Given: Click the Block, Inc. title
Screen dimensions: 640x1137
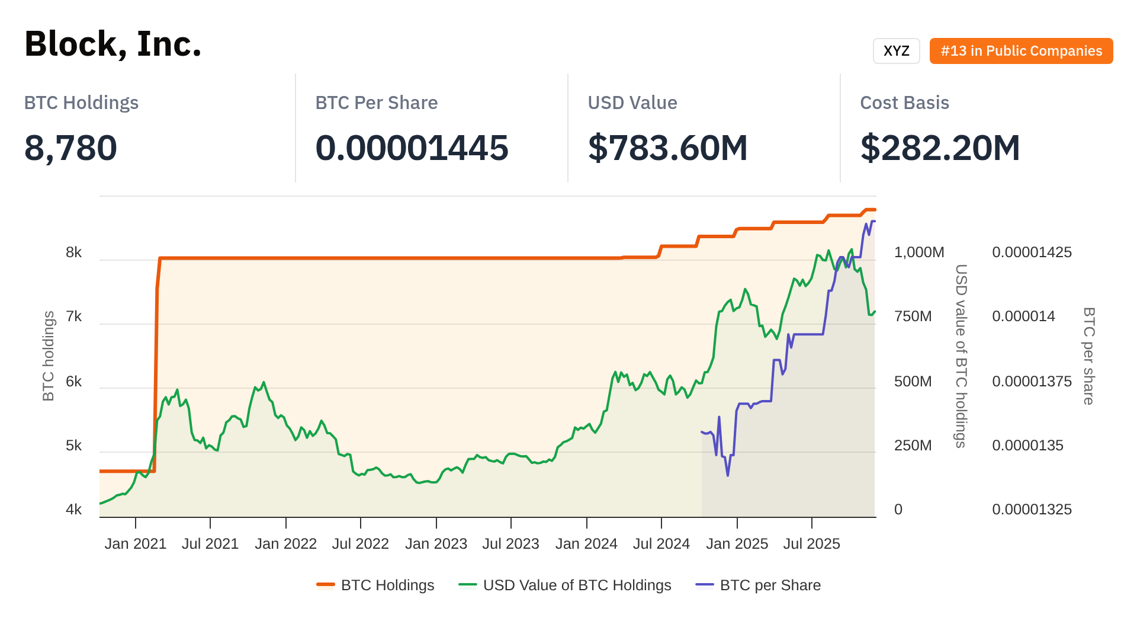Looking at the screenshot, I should pyautogui.click(x=113, y=44).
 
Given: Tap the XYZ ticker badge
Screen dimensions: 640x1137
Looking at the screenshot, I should pyautogui.click(x=896, y=51).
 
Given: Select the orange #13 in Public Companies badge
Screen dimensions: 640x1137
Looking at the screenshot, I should pyautogui.click(x=1021, y=51).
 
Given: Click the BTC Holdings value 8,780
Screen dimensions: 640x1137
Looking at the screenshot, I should pyautogui.click(x=70, y=148).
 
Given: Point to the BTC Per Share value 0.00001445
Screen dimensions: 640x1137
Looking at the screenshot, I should pyautogui.click(x=412, y=148).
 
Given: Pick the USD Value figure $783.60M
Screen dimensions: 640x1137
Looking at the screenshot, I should pyautogui.click(x=667, y=148).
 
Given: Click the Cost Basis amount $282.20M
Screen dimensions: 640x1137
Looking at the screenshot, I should pyautogui.click(x=940, y=148).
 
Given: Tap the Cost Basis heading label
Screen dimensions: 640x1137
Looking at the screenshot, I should pyautogui.click(x=904, y=103).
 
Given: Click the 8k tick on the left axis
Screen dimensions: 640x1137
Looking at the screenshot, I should pyautogui.click(x=74, y=252).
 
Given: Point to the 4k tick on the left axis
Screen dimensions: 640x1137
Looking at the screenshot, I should pyautogui.click(x=74, y=510).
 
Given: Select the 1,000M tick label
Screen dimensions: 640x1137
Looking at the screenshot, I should pyautogui.click(x=919, y=252).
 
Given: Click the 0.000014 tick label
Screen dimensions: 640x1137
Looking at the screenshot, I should pyautogui.click(x=1023, y=316).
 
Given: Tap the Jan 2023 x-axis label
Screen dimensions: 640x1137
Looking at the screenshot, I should pyautogui.click(x=436, y=544).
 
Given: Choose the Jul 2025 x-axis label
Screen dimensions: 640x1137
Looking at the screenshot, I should pyautogui.click(x=811, y=544).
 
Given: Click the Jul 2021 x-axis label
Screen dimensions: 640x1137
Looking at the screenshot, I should pyautogui.click(x=210, y=544).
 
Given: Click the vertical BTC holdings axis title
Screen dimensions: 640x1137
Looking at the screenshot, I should pyautogui.click(x=49, y=356).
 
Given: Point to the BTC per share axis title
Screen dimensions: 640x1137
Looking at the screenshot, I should pyautogui.click(x=1088, y=356).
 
